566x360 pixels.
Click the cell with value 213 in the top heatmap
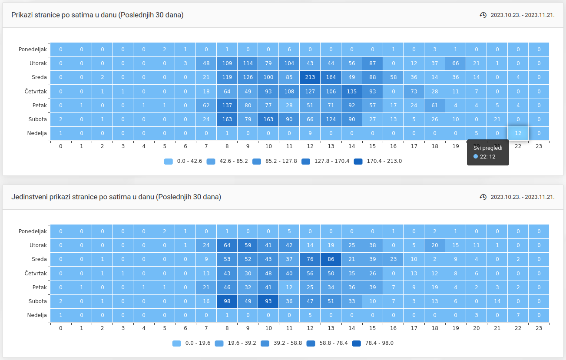(x=310, y=77)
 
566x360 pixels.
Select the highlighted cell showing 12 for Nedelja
(x=518, y=133)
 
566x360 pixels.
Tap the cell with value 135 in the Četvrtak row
(x=352, y=91)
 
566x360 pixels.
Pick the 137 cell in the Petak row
(x=227, y=105)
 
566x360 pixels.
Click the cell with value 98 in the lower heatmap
(x=227, y=301)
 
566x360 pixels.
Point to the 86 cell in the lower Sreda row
(x=331, y=259)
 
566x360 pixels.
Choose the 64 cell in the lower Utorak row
(x=227, y=245)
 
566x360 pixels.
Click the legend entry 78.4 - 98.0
(x=373, y=343)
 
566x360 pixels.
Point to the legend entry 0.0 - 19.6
(x=192, y=343)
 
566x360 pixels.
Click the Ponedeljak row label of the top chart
(x=33, y=50)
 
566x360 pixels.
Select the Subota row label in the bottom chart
(x=37, y=301)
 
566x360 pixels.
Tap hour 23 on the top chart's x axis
(x=539, y=146)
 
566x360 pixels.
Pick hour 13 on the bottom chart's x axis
(x=331, y=328)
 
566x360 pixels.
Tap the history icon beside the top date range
(x=483, y=15)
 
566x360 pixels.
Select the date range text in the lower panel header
(x=523, y=197)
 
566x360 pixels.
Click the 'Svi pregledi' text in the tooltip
(x=488, y=148)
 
